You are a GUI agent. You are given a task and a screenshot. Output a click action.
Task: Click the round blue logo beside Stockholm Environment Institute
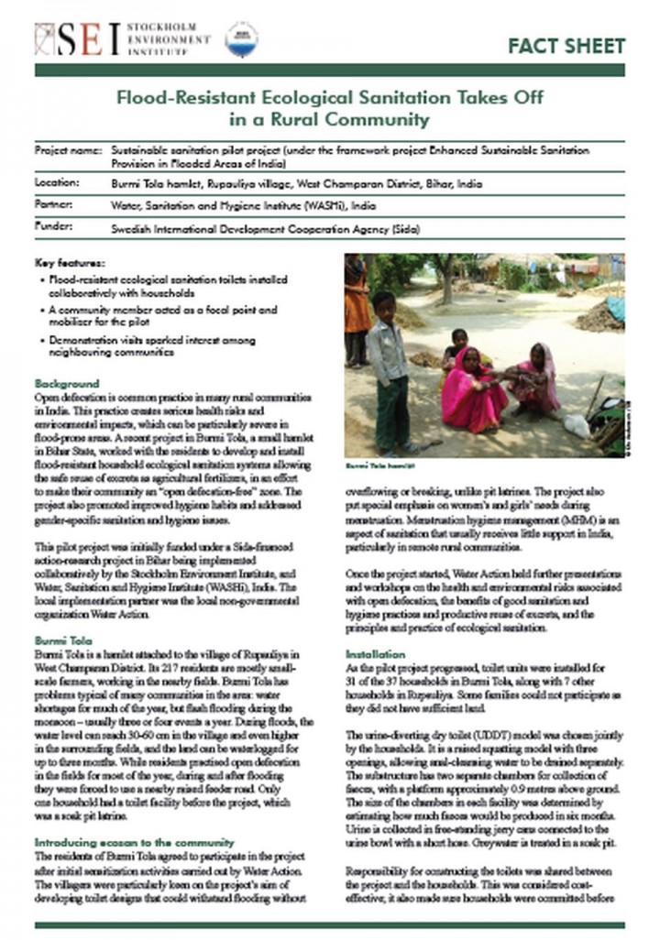pyautogui.click(x=242, y=38)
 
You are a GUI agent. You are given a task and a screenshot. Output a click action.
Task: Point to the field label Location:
pyautogui.click(x=58, y=183)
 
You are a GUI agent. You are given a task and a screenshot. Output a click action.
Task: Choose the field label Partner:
pyautogui.click(x=54, y=204)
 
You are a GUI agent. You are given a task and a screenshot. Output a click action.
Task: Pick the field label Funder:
pyautogui.click(x=53, y=225)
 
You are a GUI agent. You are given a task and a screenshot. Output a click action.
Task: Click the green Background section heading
pyautogui.click(x=66, y=383)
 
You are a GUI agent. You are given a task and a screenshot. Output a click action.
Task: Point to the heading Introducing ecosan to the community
pyautogui.click(x=134, y=842)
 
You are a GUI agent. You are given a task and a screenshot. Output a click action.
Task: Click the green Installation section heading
pyautogui.click(x=375, y=655)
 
